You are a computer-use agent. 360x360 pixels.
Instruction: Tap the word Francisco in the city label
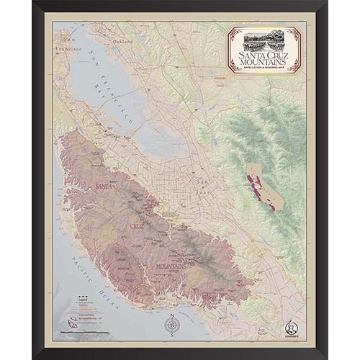pos(69,48)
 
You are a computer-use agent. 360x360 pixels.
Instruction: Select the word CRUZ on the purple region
pos(137,225)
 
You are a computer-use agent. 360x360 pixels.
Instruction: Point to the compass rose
pos(172,325)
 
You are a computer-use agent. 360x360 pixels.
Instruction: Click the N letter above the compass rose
pos(172,315)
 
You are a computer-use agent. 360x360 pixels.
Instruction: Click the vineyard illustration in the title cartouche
pos(264,40)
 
